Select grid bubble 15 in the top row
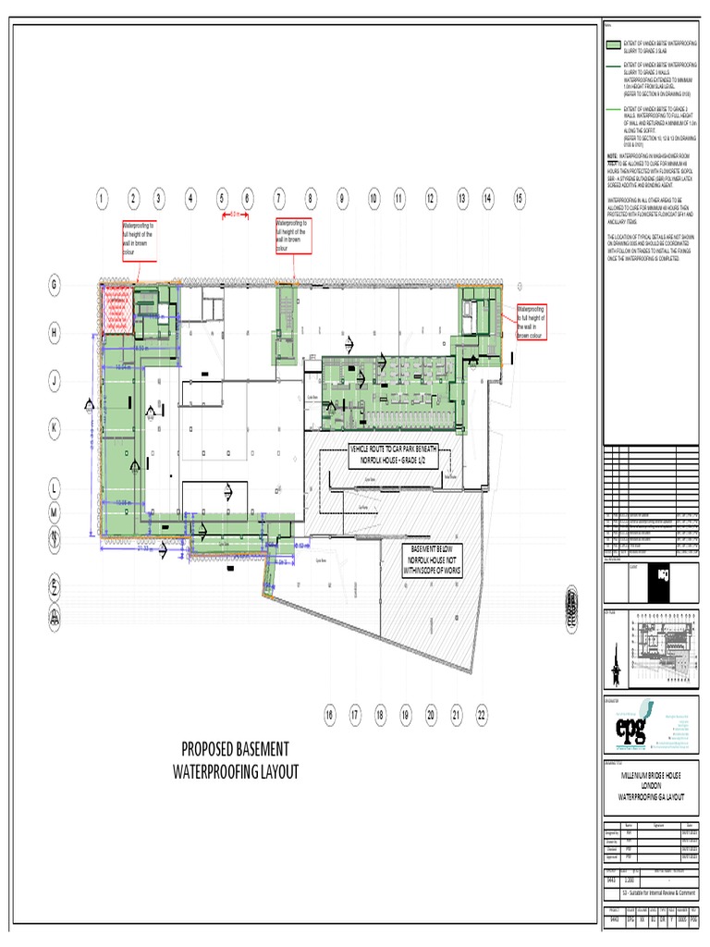519,198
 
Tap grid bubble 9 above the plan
341,198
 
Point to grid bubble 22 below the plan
482,714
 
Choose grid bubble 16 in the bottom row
328,714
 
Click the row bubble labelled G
55,287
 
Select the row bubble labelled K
55,428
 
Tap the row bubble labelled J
55,380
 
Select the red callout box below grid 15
532,321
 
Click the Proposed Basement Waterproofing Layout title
237,760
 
